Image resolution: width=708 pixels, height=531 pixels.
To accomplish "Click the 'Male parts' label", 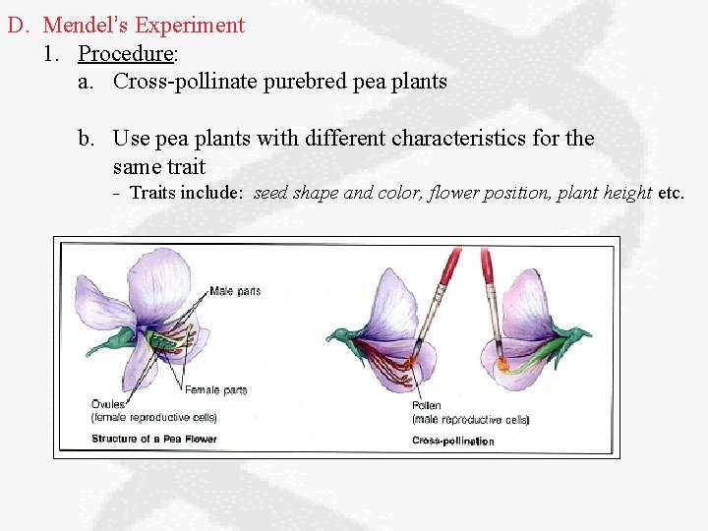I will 235,291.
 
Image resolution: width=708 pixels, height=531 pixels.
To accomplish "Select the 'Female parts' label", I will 220,390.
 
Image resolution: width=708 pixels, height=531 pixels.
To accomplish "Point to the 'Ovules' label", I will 108,404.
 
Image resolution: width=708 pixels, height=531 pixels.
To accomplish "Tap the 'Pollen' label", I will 427,405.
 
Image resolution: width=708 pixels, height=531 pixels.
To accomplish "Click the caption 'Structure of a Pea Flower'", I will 153,439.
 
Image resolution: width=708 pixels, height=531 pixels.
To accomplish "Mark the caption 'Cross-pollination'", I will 453,441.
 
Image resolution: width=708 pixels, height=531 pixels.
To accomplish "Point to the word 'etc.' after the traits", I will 671,193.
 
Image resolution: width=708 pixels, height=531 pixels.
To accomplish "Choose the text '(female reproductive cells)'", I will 153,417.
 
